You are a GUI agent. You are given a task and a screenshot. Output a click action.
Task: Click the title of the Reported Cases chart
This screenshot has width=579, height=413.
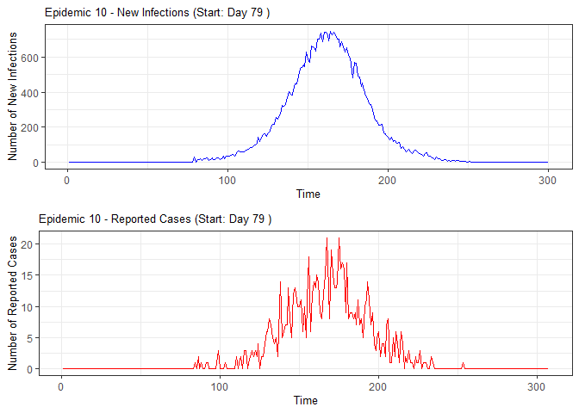pyautogui.click(x=156, y=219)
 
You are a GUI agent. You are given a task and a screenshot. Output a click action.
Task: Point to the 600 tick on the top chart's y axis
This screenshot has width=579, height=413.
pyautogui.click(x=28, y=58)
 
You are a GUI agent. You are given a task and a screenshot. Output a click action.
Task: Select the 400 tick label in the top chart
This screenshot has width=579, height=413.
pyautogui.click(x=28, y=93)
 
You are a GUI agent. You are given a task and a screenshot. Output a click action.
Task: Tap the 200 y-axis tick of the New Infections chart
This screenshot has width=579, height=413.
pyautogui.click(x=28, y=127)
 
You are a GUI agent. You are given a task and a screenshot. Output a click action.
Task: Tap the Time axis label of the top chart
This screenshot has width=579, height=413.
pyautogui.click(x=308, y=194)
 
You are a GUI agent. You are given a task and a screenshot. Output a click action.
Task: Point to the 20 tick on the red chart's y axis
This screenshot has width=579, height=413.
pyautogui.click(x=28, y=244)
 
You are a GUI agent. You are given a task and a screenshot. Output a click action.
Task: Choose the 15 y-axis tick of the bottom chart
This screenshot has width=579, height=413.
pyautogui.click(x=28, y=275)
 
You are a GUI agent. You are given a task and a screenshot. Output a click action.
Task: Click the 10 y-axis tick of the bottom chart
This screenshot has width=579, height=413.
pyautogui.click(x=28, y=307)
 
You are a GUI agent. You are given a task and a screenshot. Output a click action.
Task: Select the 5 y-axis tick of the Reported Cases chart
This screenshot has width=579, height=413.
pyautogui.click(x=31, y=338)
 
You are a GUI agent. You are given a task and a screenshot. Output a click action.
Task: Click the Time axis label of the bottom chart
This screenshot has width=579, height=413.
pyautogui.click(x=305, y=400)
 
